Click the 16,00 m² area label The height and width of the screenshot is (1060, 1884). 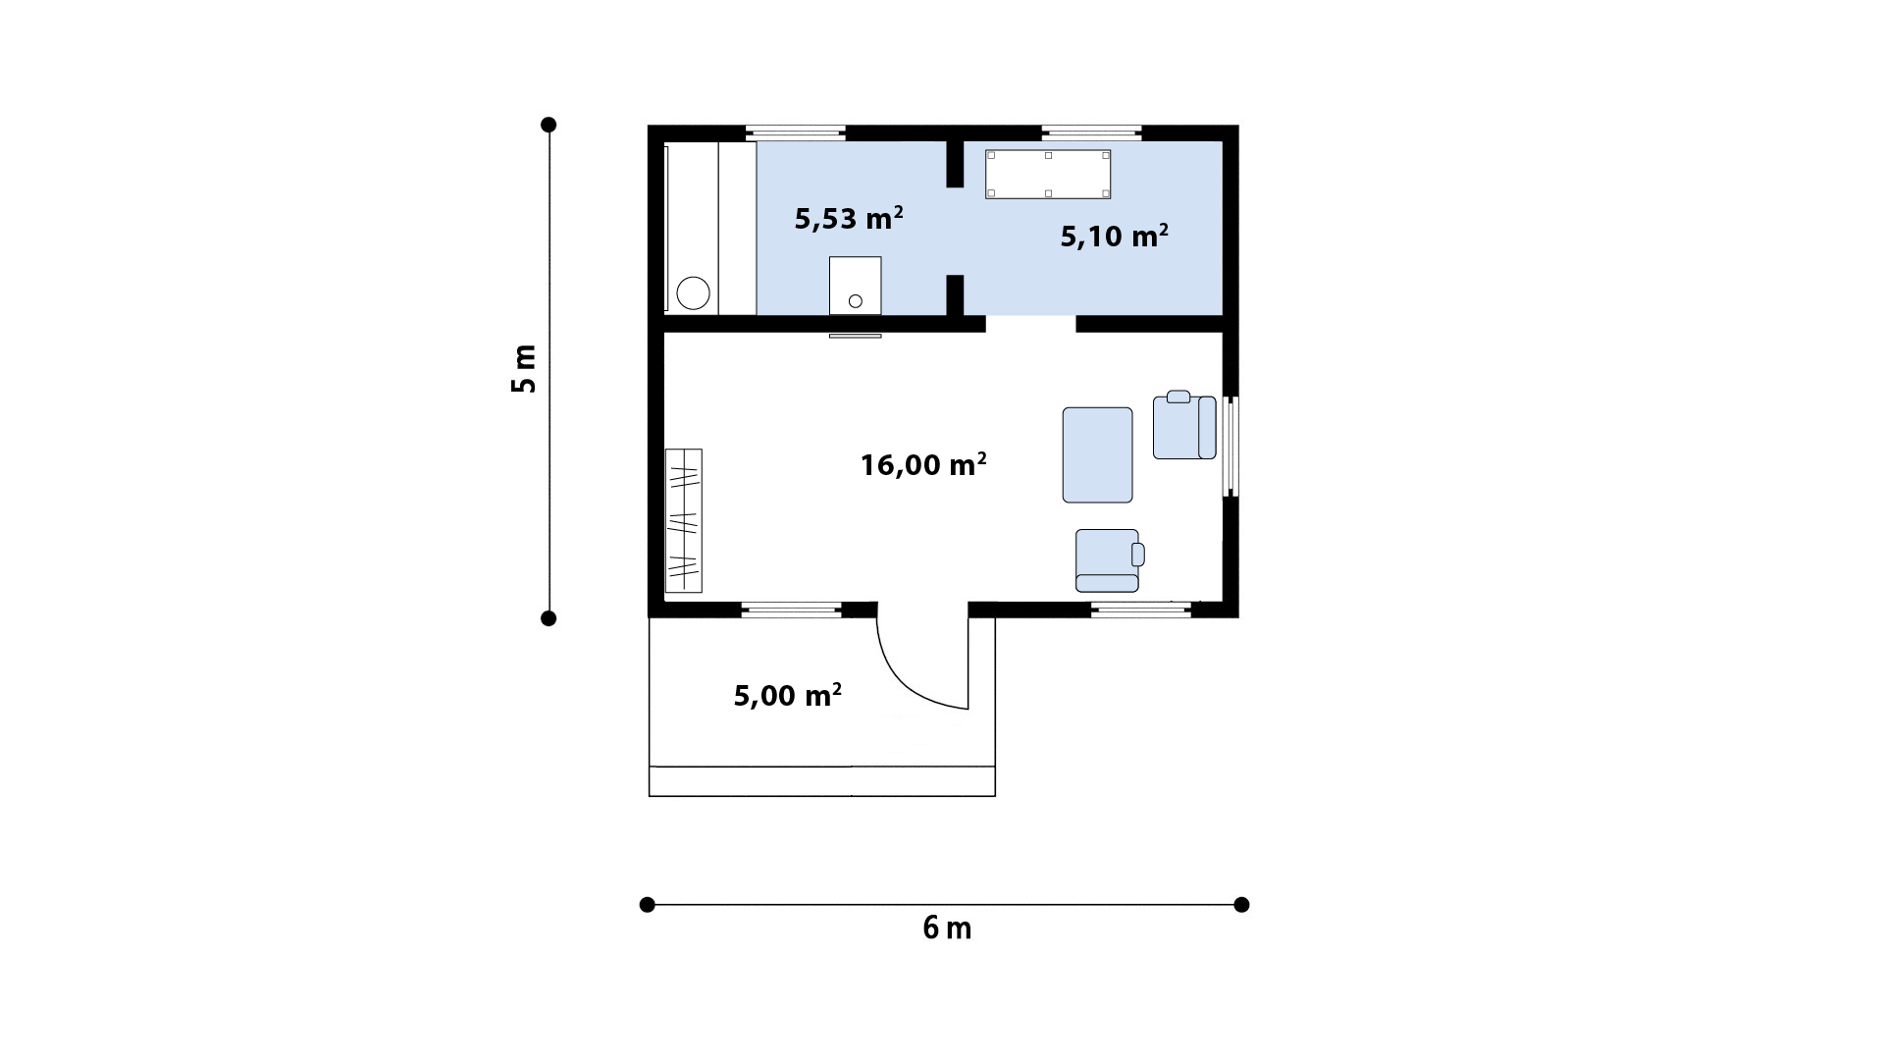click(923, 464)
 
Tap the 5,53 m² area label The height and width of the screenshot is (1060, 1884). click(849, 218)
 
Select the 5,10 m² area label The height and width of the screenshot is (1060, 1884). click(1115, 236)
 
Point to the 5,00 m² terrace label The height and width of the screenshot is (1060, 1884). click(788, 695)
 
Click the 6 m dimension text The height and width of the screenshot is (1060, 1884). click(947, 927)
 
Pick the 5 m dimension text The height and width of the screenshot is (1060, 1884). click(524, 369)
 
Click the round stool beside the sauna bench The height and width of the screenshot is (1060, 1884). click(694, 293)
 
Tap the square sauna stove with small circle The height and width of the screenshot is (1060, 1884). click(856, 286)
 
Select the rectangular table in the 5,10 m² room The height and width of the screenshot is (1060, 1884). click(1048, 175)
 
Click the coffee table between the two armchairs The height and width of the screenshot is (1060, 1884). click(1098, 455)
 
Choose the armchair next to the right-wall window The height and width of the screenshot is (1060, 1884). click(1184, 425)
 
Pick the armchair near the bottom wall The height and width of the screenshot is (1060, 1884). click(1110, 560)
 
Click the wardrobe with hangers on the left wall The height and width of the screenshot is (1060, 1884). click(684, 520)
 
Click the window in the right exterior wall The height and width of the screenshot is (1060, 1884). click(1230, 446)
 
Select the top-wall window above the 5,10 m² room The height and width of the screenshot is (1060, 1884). click(1092, 132)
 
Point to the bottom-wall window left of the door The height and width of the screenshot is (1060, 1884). click(791, 609)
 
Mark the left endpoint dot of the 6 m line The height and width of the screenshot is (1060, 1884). click(647, 905)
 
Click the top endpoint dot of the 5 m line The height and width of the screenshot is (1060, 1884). click(549, 125)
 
